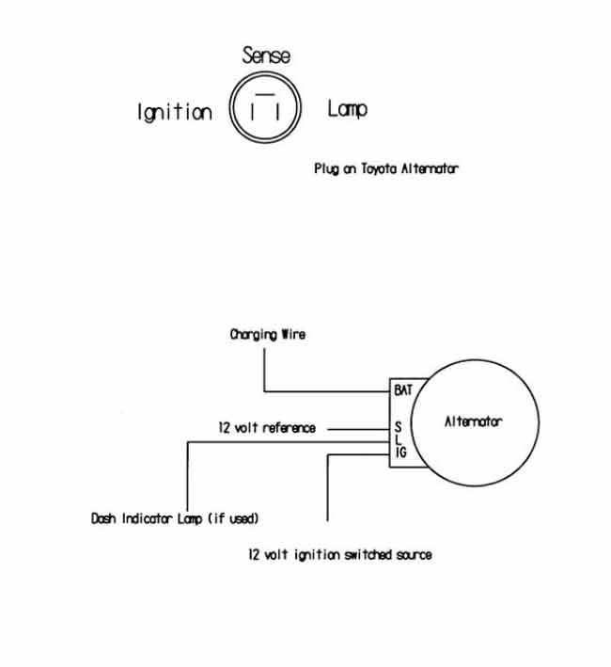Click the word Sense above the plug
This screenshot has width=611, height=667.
pyautogui.click(x=266, y=56)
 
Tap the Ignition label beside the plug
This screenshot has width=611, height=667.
pyautogui.click(x=175, y=112)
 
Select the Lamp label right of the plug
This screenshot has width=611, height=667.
pyautogui.click(x=347, y=109)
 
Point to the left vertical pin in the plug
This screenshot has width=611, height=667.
pyautogui.click(x=252, y=111)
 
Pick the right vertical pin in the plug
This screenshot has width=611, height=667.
pyautogui.click(x=278, y=111)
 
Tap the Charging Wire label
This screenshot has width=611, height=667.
pyautogui.click(x=268, y=334)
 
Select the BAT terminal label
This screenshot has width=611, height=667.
pyautogui.click(x=403, y=389)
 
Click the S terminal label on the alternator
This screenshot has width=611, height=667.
pyautogui.click(x=399, y=427)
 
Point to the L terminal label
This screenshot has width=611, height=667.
pyautogui.click(x=398, y=439)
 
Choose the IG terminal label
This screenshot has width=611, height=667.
pyautogui.click(x=400, y=453)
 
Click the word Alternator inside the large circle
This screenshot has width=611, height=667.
pyautogui.click(x=474, y=421)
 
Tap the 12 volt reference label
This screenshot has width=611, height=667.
pyautogui.click(x=267, y=427)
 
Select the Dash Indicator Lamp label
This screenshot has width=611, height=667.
pyautogui.click(x=147, y=518)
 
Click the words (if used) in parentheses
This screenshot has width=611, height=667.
pyautogui.click(x=233, y=518)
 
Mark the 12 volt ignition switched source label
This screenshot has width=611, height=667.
pyautogui.click(x=340, y=555)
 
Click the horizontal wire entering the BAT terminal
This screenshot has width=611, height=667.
pyautogui.click(x=327, y=391)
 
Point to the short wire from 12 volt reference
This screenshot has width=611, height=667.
pyautogui.click(x=359, y=429)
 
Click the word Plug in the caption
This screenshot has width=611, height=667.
pyautogui.click(x=326, y=169)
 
